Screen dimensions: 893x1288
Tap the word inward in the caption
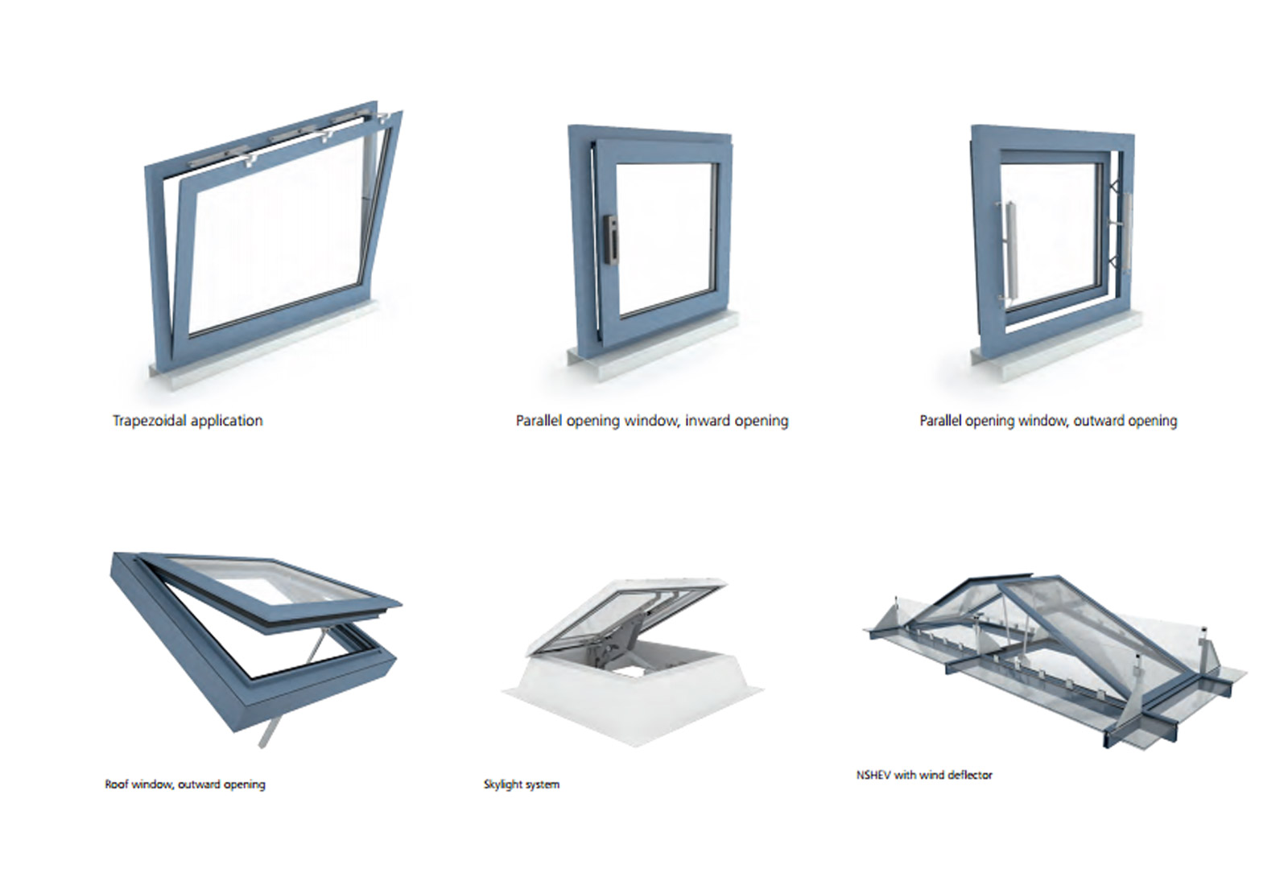pyautogui.click(x=708, y=421)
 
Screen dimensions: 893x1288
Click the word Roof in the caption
pyautogui.click(x=116, y=784)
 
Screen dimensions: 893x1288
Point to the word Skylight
pyautogui.click(x=502, y=784)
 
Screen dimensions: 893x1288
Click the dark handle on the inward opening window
pyautogui.click(x=613, y=239)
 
